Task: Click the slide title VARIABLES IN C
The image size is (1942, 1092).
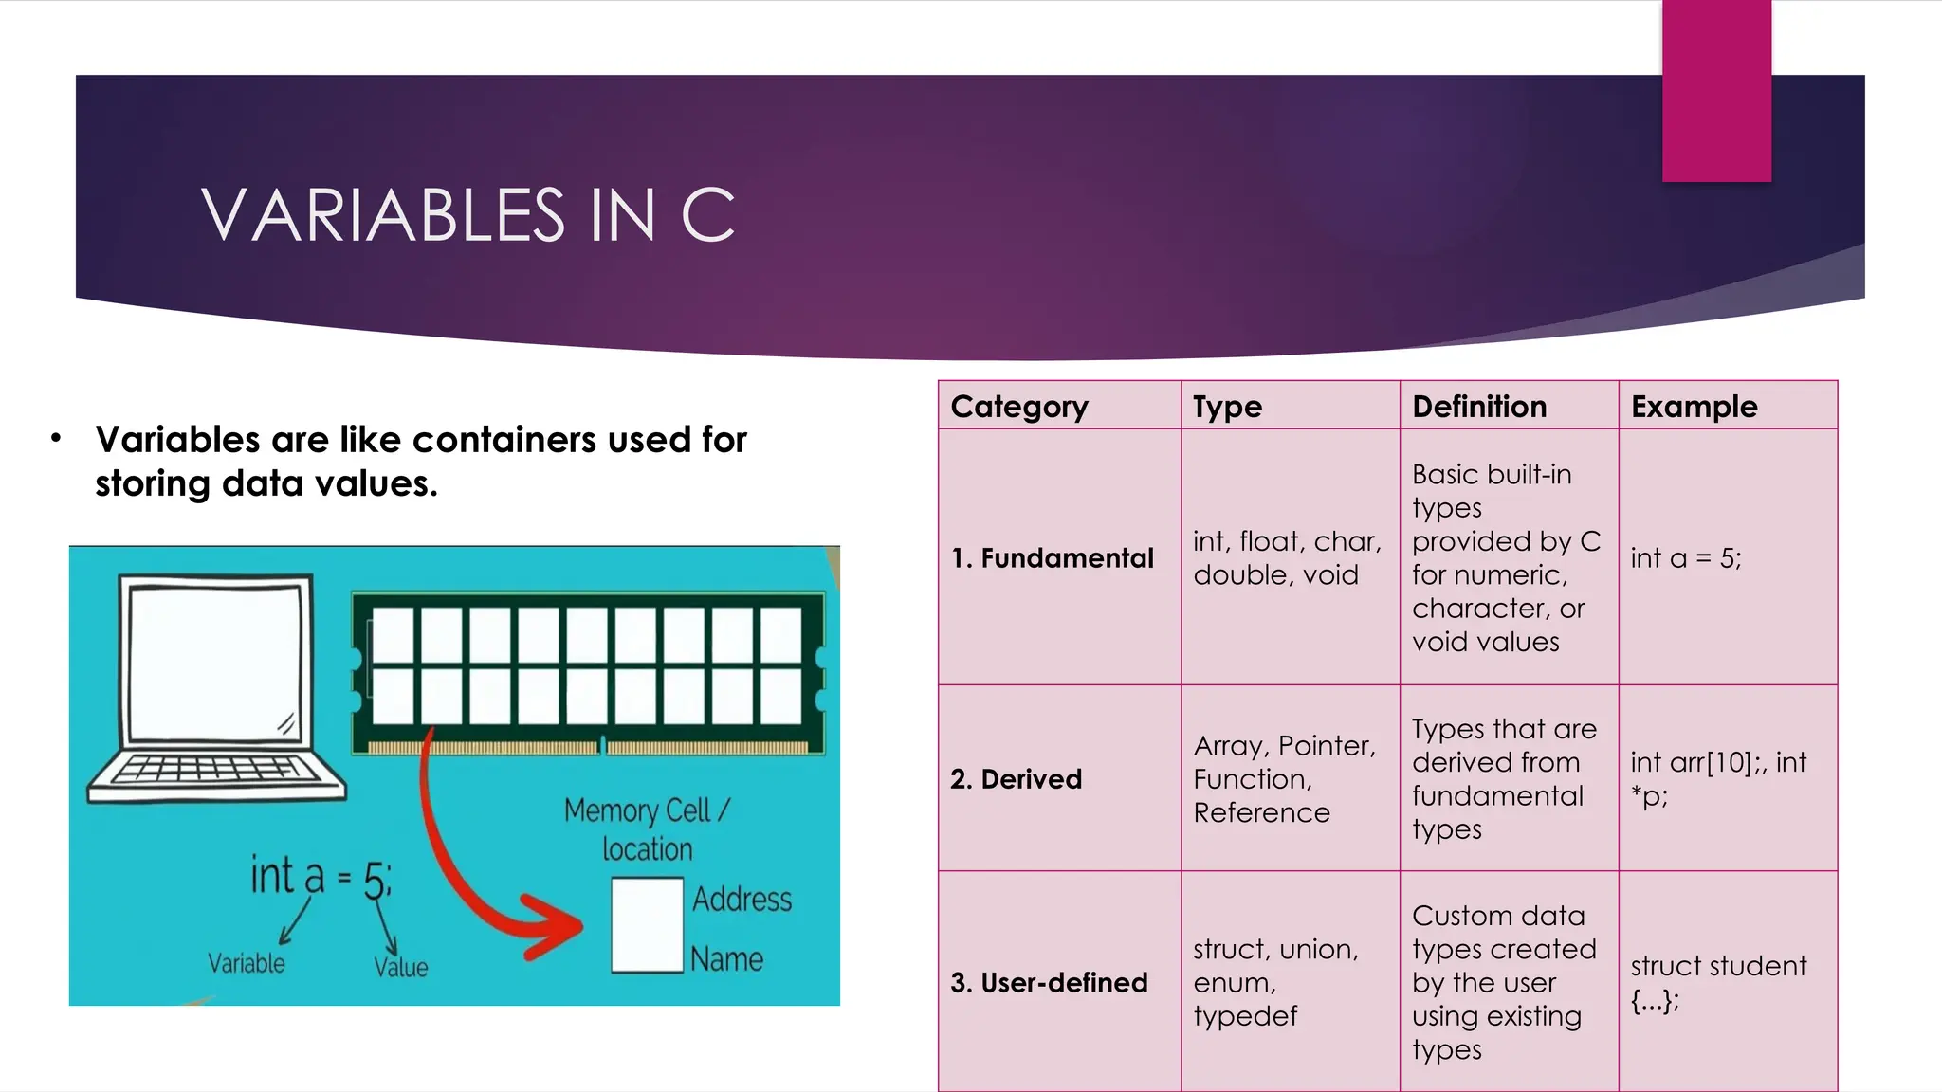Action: coord(468,215)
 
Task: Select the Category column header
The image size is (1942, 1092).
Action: coord(1019,407)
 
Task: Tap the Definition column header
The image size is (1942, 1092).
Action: coord(1479,407)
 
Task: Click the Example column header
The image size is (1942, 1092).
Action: coord(1694,407)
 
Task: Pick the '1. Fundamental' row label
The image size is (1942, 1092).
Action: coord(1053,558)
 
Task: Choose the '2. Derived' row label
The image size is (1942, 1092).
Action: coord(1016,779)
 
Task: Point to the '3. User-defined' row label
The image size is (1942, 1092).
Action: coord(1049,983)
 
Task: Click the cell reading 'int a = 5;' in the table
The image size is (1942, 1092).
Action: coord(1686,558)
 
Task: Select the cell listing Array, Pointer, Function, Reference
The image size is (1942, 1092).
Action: coord(1285,779)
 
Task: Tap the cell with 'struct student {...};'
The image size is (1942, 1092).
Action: coord(1718,982)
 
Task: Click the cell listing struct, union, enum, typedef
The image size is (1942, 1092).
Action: coord(1275,982)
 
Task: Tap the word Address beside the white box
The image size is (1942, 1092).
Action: coord(742,899)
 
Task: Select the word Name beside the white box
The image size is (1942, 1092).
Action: coord(726,959)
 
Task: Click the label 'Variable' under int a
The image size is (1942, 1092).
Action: coord(247,963)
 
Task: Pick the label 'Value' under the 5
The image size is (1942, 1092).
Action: coord(400,967)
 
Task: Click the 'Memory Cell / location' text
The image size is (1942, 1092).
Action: coord(647,829)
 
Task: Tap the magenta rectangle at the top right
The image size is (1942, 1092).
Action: coord(1716,91)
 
